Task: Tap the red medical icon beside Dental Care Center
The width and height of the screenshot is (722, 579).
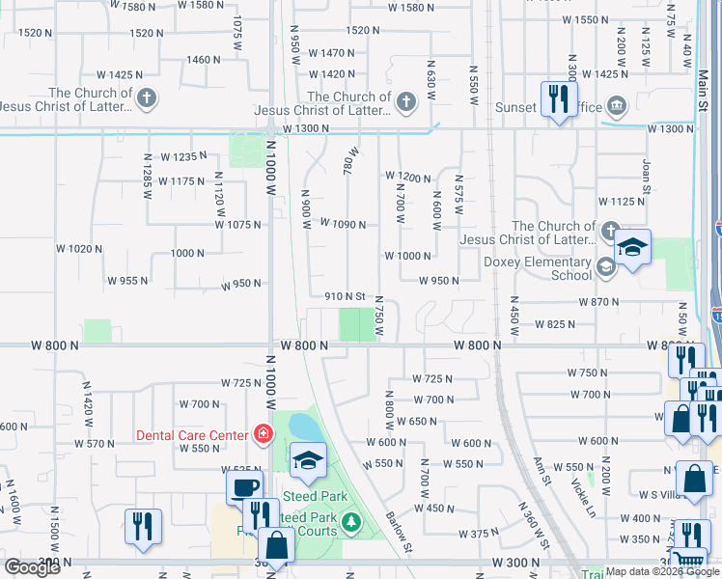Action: coord(262,435)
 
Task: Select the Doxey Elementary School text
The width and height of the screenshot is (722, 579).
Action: coord(544,268)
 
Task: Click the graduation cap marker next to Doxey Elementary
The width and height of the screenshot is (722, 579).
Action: coord(633,248)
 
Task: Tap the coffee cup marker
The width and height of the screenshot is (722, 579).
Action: coord(245,485)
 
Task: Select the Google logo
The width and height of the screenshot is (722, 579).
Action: coord(32,567)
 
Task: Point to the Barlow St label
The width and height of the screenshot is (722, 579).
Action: coord(401,534)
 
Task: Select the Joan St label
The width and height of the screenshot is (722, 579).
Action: coord(646,175)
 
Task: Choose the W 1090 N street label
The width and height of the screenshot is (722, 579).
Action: coord(343,225)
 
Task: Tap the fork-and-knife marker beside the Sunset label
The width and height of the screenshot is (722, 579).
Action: coord(559,99)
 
